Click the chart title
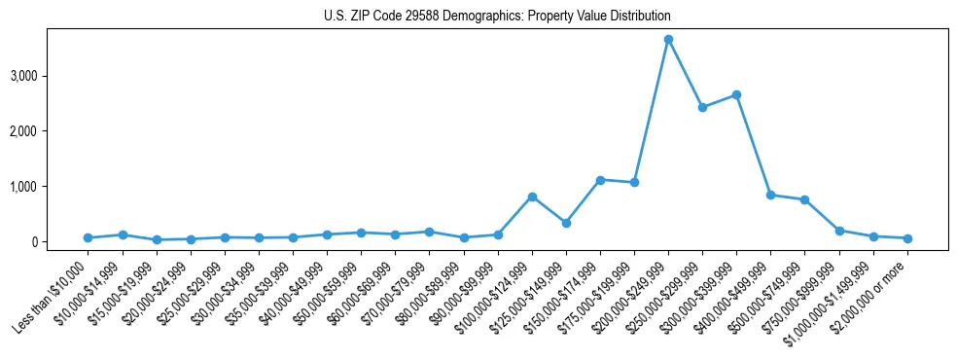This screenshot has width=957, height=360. [x=497, y=17]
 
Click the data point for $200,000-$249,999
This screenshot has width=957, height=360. [x=668, y=39]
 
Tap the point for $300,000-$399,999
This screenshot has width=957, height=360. [x=736, y=94]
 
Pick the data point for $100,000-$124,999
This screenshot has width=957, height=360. [x=532, y=197]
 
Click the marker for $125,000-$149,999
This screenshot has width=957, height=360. [x=566, y=223]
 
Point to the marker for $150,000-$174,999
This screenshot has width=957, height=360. [x=600, y=180]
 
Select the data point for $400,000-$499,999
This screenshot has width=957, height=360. [x=770, y=195]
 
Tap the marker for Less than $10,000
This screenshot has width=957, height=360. [x=88, y=237]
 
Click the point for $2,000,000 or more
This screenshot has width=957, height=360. [x=907, y=238]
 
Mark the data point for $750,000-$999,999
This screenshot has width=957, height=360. [x=839, y=231]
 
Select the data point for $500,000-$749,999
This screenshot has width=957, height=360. [x=804, y=199]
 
